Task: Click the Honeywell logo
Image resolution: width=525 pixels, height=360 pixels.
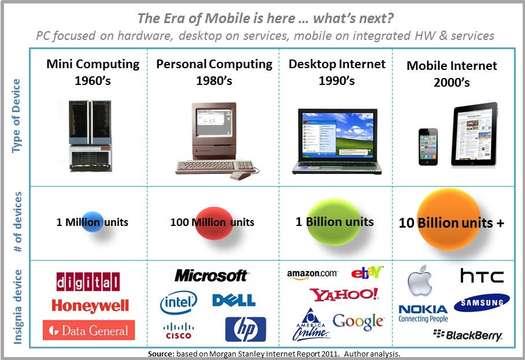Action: tap(90, 306)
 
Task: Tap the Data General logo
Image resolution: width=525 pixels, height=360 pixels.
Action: tap(88, 330)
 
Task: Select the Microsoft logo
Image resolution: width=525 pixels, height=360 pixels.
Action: tap(211, 276)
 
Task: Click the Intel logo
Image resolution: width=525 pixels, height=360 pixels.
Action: tap(179, 302)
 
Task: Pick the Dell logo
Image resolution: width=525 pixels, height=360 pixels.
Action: tap(234, 300)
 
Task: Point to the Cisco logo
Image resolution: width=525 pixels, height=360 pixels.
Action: tap(179, 331)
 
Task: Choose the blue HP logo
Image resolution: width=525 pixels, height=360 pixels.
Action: tap(245, 329)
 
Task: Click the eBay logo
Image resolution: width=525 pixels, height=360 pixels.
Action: tap(367, 273)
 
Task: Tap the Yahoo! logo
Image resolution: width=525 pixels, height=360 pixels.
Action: tap(344, 294)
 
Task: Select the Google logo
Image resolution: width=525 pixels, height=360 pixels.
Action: tap(358, 321)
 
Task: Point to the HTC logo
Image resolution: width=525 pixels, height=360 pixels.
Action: tap(482, 276)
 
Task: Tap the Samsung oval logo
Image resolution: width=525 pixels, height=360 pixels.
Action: tap(482, 302)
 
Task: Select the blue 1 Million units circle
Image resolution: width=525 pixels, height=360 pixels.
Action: tap(93, 222)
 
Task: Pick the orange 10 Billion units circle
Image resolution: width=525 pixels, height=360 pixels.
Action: tap(449, 220)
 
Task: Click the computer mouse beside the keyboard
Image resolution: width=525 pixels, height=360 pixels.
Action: tap(240, 175)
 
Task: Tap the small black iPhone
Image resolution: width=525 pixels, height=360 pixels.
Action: tap(428, 147)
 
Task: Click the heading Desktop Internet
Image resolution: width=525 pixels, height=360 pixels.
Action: tap(337, 64)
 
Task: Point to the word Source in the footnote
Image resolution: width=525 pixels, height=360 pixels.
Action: tap(161, 354)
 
